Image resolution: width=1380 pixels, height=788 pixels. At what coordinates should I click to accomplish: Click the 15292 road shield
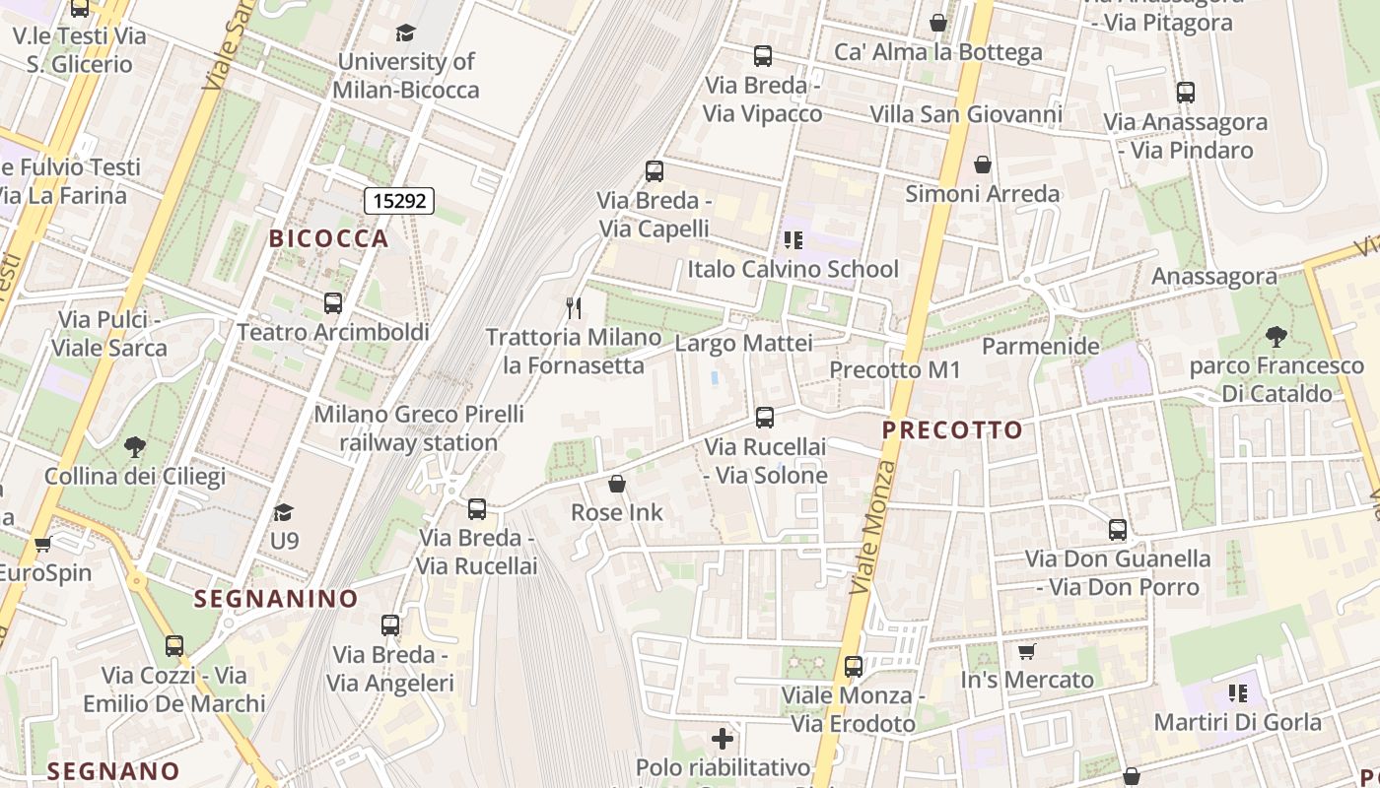399,201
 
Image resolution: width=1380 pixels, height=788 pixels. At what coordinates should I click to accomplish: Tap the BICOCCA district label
329,238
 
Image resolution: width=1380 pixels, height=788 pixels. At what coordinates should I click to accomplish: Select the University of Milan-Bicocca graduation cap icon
405,33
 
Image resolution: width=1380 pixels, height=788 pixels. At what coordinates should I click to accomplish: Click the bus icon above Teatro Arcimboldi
333,302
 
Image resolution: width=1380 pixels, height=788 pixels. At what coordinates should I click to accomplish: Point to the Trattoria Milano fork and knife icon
574,307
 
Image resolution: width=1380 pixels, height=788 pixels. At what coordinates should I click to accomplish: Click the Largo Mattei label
743,344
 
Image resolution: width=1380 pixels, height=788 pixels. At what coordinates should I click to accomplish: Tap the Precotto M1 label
894,370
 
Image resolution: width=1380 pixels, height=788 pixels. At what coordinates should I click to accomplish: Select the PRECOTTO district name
952,430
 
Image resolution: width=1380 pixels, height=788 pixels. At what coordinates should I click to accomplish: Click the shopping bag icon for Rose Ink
617,484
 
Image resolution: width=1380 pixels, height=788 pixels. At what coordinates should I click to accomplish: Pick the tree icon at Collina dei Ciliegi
135,447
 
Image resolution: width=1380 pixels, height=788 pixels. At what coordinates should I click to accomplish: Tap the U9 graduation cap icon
284,512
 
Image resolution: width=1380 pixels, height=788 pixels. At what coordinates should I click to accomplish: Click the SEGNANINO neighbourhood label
276,599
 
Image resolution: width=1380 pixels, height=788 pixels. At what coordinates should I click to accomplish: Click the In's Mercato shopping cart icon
1026,651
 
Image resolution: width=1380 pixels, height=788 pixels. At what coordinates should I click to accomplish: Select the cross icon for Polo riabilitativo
723,738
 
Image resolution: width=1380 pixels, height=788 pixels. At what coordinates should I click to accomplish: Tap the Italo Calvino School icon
793,239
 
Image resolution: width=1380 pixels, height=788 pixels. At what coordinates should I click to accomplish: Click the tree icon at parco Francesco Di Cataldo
1276,337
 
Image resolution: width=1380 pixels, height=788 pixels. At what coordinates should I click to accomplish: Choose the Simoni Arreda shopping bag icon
982,164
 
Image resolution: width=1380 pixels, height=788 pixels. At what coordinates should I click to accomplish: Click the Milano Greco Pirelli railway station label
419,428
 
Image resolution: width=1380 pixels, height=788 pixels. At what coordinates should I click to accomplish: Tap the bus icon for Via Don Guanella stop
1117,530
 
